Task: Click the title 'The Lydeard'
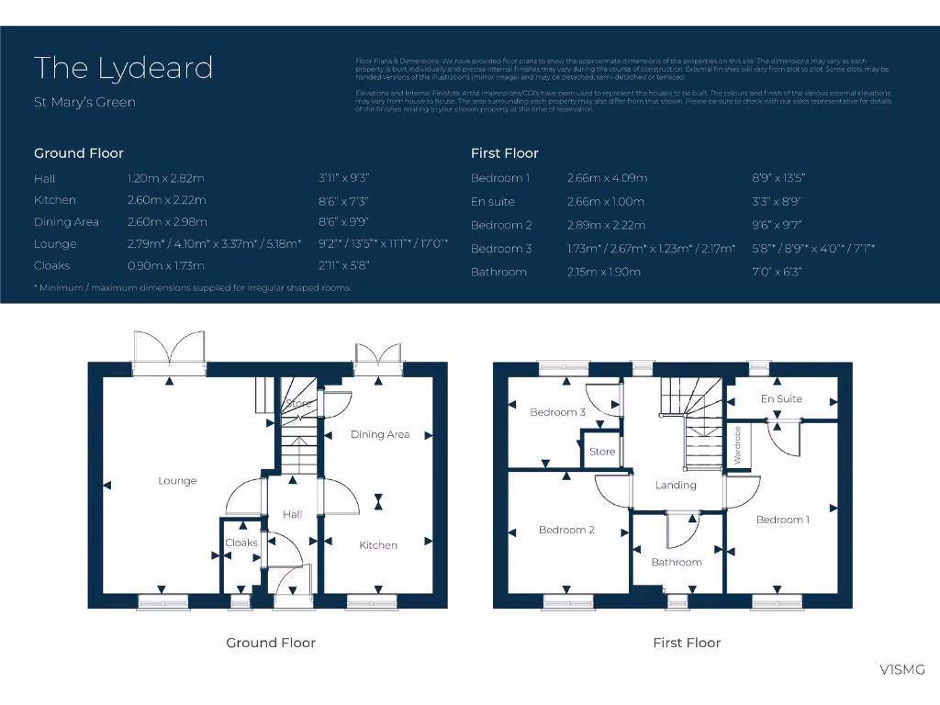(x=123, y=68)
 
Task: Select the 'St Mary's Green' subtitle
(x=84, y=102)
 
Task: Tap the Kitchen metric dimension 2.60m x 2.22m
(x=166, y=200)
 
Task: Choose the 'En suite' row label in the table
(x=493, y=202)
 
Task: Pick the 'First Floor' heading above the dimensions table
(x=504, y=153)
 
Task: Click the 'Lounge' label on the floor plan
(x=177, y=481)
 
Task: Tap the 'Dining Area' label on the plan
(x=380, y=434)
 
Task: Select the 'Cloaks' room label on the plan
(x=241, y=543)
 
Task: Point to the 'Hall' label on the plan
(x=293, y=514)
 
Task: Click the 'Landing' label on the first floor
(x=676, y=485)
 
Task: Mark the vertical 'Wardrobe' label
(x=737, y=445)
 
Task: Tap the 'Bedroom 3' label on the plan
(x=558, y=412)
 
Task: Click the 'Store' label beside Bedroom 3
(x=602, y=452)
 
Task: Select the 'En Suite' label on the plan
(x=781, y=399)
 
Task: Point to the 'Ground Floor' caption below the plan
(x=271, y=643)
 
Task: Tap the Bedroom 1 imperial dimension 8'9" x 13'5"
(x=779, y=178)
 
